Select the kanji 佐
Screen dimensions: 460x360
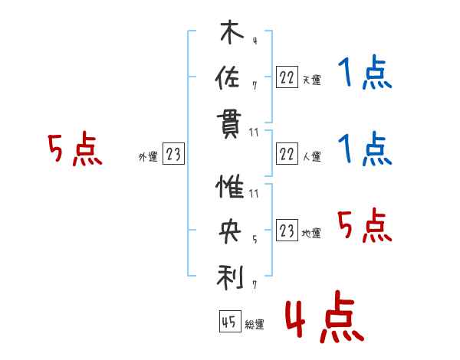(228, 77)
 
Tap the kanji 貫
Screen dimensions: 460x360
(229, 126)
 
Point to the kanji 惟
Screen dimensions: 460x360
(230, 186)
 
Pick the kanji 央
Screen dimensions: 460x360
(230, 231)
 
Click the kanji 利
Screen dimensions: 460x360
(230, 277)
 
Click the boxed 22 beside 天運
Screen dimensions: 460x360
(287, 77)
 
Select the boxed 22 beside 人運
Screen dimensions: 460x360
(287, 154)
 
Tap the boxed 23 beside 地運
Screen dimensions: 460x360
(287, 230)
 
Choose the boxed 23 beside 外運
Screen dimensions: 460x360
(173, 153)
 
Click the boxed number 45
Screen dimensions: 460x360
(230, 321)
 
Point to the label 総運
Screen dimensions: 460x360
(255, 325)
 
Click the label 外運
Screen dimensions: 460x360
(148, 157)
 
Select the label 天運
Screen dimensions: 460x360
(312, 80)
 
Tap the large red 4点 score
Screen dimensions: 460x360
(324, 316)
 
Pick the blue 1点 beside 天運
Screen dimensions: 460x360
(365, 72)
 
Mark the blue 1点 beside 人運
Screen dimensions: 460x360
(365, 149)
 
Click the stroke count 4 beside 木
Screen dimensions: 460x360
(255, 41)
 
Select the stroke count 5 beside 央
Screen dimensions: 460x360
(255, 240)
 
